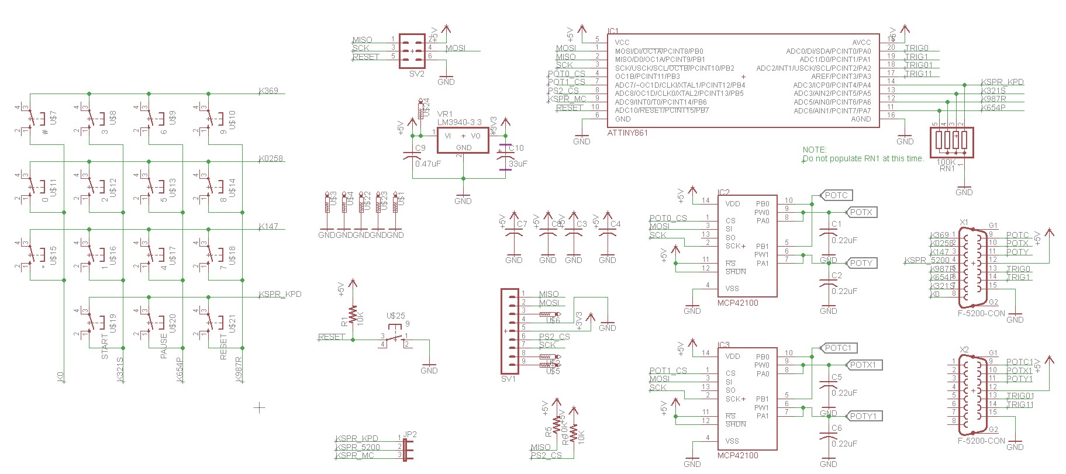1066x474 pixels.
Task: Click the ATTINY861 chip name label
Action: [x=627, y=133]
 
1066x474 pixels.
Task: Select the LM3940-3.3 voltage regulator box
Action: [x=463, y=140]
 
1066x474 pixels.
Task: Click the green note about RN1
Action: [x=863, y=154]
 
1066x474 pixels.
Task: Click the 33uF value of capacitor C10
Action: [x=518, y=164]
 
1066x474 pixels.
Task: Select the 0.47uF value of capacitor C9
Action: [x=427, y=164]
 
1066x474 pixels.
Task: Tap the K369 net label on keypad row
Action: [x=268, y=91]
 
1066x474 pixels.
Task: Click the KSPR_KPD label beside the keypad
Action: [x=280, y=294]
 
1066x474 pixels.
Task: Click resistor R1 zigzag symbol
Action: [x=352, y=316]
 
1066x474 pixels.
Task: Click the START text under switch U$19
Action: [x=105, y=346]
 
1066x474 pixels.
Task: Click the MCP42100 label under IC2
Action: [x=738, y=303]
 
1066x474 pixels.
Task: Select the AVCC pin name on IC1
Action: [x=861, y=42]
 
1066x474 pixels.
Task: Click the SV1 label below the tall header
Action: [x=508, y=379]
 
